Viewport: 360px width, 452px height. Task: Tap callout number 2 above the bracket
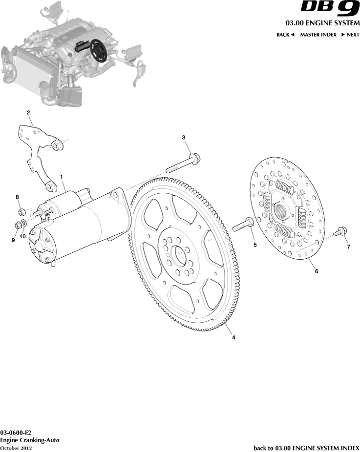(x=28, y=113)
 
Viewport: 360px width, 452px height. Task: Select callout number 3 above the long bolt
(x=184, y=138)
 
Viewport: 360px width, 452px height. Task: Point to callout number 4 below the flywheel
(x=233, y=338)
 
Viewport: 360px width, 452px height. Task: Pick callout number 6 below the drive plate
(x=316, y=271)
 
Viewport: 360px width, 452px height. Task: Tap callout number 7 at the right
(x=348, y=247)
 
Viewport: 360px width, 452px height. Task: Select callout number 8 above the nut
(x=18, y=197)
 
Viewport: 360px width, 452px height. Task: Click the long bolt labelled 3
(x=184, y=163)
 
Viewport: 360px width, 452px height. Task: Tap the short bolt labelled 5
(x=243, y=225)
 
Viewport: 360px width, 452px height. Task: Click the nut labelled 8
(x=21, y=212)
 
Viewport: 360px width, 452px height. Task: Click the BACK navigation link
(x=285, y=35)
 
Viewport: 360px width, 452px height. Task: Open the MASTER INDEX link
(x=318, y=35)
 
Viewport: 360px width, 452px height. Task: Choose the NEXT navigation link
(x=350, y=35)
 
